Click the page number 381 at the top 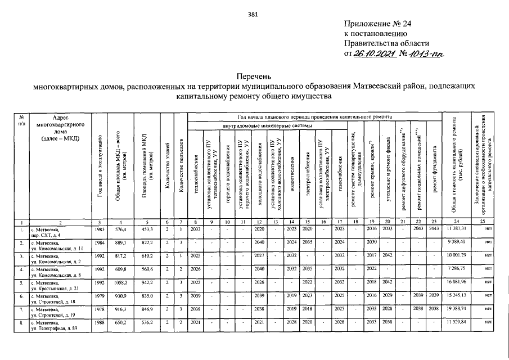254,15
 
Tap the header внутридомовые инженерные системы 267,125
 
